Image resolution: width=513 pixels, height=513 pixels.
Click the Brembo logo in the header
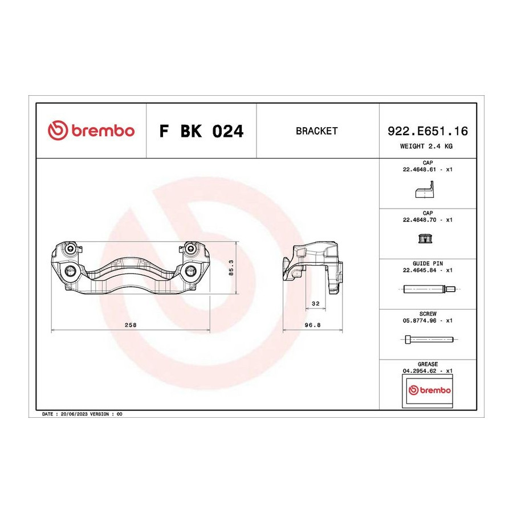tap(91, 131)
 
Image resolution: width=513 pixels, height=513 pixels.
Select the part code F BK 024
tap(201, 131)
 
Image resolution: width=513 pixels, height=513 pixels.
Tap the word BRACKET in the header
tap(316, 131)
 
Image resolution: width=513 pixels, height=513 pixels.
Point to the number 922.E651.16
tap(427, 131)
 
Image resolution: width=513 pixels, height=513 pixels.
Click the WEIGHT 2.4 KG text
tap(426, 146)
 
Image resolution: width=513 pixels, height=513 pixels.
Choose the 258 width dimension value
tap(131, 325)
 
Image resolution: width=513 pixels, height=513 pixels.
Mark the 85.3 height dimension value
tap(231, 268)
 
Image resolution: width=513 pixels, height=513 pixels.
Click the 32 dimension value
tap(315, 304)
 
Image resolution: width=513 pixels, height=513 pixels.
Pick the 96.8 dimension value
tap(312, 325)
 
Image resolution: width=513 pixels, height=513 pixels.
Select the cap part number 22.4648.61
tap(420, 169)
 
